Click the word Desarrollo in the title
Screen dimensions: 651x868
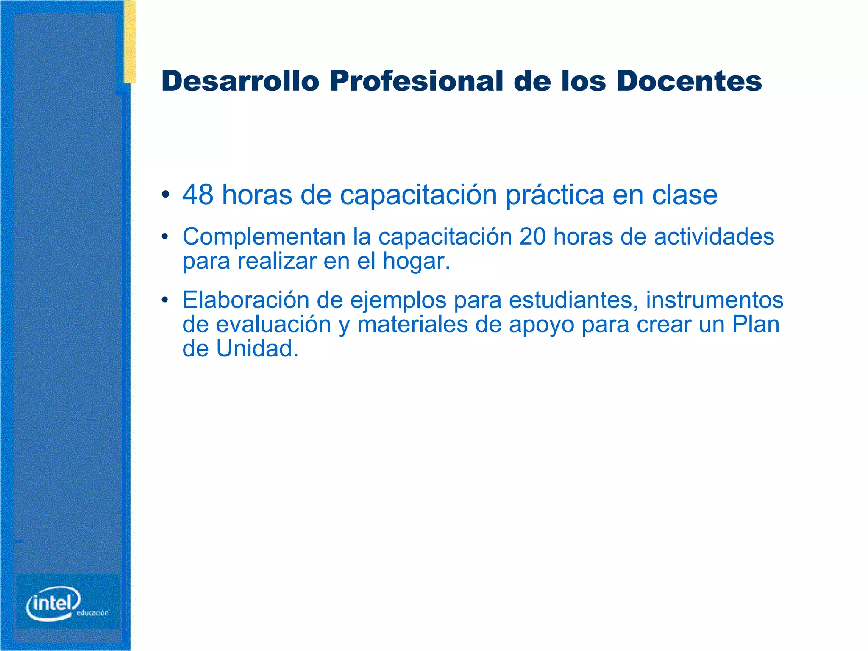[x=240, y=81]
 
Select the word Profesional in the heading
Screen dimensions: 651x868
[x=417, y=81]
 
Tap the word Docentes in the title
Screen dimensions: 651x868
[x=689, y=81]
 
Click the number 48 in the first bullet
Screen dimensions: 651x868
[x=198, y=195]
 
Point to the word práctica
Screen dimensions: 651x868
[x=554, y=196]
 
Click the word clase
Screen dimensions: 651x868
[x=684, y=195]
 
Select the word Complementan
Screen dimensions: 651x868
[x=264, y=237]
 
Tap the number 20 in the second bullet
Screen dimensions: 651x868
[x=532, y=236]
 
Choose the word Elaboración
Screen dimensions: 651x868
[x=246, y=300]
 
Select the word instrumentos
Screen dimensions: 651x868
[x=714, y=300]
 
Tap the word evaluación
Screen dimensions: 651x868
[x=273, y=325]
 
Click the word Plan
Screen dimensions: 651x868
[x=756, y=325]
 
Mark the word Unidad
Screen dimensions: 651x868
[x=257, y=349]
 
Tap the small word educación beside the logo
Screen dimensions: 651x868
[x=93, y=613]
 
